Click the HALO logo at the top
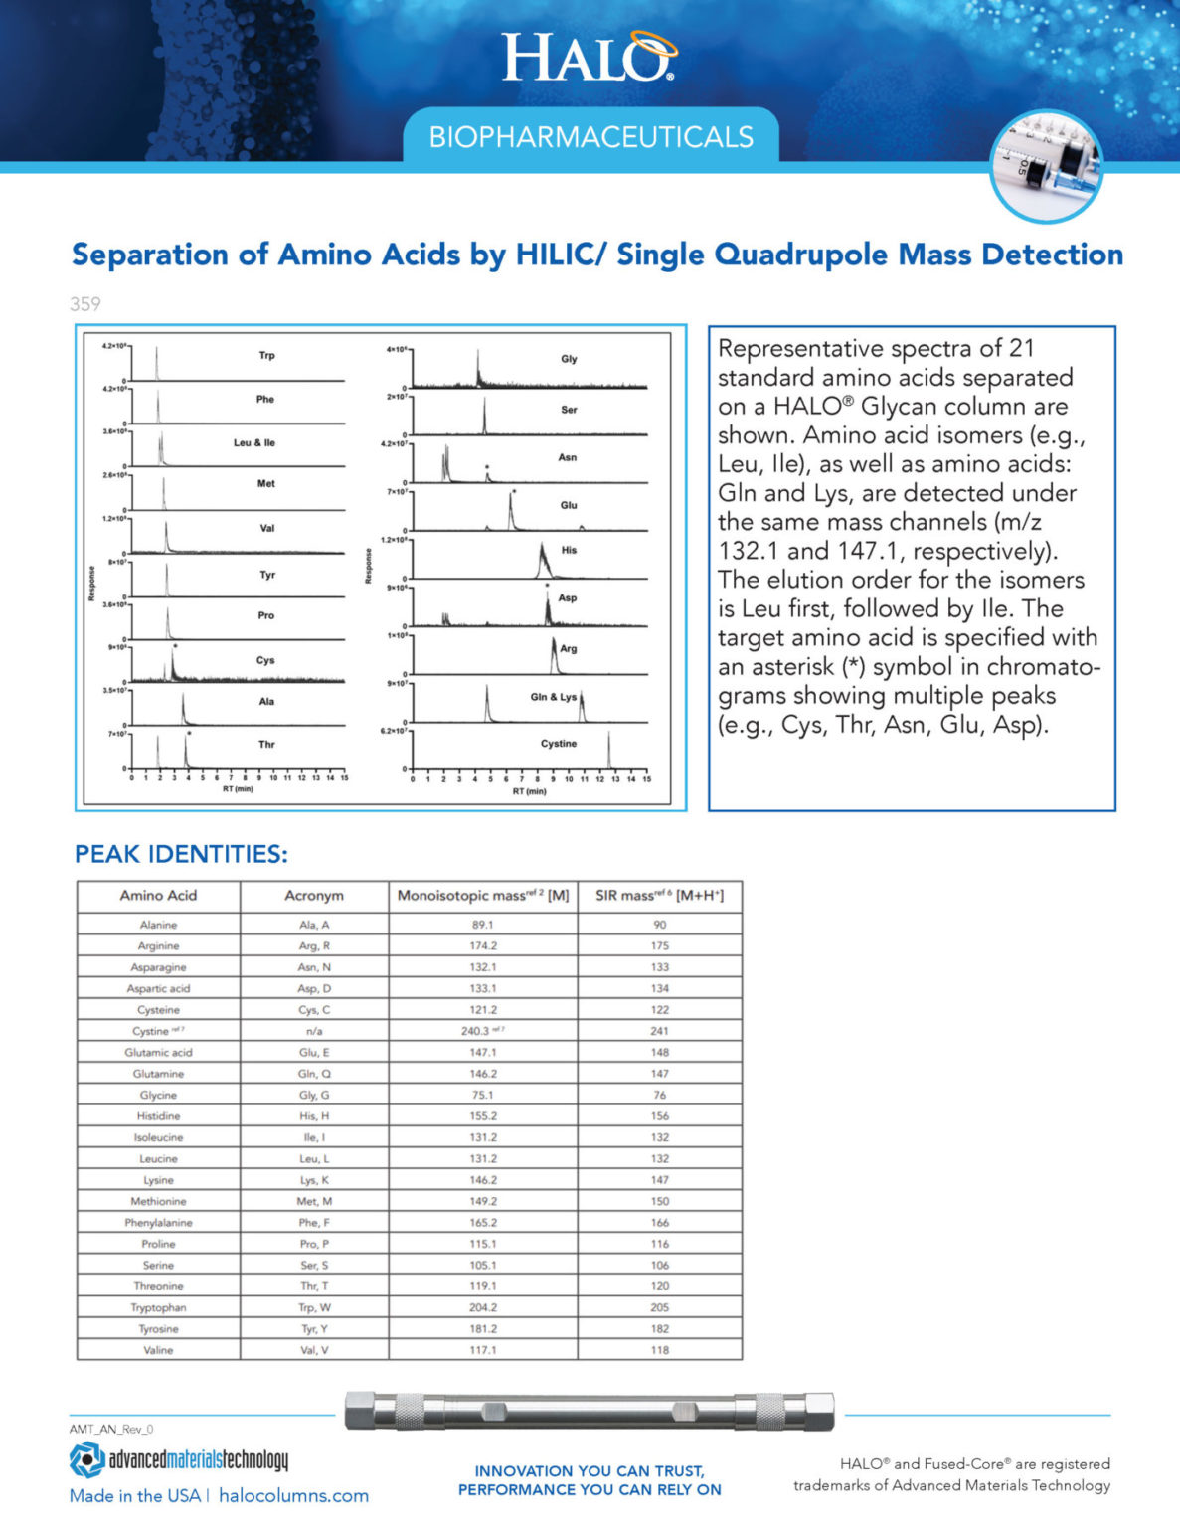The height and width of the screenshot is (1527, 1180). coord(589,57)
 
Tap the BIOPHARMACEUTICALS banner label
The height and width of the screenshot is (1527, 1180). coord(590,137)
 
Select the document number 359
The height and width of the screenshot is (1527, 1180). coord(85,304)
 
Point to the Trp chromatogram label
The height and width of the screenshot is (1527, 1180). coord(266,356)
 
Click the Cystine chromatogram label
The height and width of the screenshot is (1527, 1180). coord(558,744)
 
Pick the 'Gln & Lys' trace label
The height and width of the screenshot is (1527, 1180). coord(553,697)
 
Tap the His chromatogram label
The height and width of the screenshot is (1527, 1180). coord(569,550)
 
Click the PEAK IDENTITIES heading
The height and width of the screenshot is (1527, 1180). coord(181,854)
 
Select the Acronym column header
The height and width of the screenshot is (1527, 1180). coord(314,896)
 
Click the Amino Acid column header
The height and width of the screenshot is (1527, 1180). coord(158,896)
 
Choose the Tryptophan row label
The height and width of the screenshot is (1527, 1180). coord(158,1307)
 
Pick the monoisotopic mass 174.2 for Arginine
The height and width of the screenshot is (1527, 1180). coord(483,946)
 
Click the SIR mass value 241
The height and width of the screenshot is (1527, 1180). coord(659,1031)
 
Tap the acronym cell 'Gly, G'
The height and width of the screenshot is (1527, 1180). coord(314,1095)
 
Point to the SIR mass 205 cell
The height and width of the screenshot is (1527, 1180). coord(659,1307)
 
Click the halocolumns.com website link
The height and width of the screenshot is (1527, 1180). coord(293,1496)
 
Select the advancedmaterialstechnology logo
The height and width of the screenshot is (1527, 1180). coord(180,1459)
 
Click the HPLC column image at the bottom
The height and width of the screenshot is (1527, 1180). coord(590,1411)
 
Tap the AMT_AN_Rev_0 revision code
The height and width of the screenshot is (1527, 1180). coord(111,1430)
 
